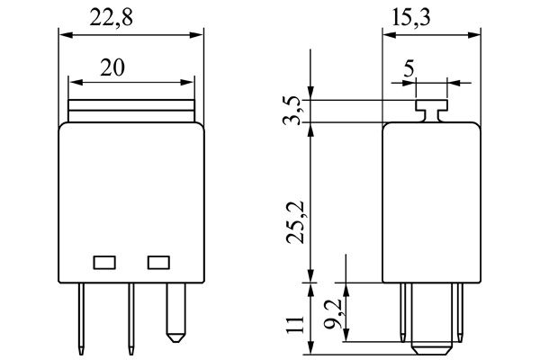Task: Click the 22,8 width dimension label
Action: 112,18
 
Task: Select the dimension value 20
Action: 112,67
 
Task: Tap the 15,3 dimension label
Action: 411,18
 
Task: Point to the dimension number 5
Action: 409,68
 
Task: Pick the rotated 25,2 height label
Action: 295,222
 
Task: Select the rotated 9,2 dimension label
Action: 333,314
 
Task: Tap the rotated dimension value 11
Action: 295,324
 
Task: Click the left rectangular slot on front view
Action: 104,263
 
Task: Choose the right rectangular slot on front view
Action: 158,263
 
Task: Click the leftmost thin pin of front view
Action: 81,319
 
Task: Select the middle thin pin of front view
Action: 131,319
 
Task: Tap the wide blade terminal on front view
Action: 176,312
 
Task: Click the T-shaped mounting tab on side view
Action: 431,111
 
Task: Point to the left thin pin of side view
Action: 403,312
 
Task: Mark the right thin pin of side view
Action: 460,312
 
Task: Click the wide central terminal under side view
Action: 431,319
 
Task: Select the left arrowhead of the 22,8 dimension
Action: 66,35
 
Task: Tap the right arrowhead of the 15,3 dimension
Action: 474,35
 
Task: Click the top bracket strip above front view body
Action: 131,111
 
